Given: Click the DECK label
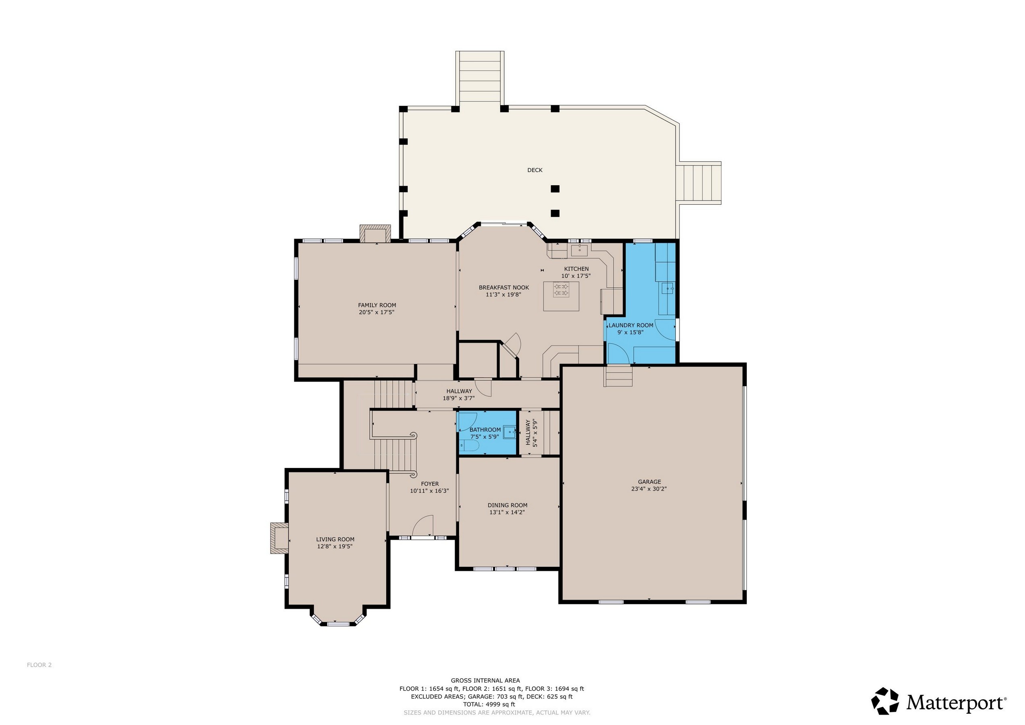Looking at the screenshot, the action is pos(534,170).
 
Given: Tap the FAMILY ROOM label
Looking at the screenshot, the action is pos(377,305).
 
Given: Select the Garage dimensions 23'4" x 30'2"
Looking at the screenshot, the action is pos(649,489).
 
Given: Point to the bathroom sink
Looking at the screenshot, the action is pos(509,432).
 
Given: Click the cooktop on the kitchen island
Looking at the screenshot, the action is pos(560,290).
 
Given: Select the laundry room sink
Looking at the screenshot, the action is pos(668,288).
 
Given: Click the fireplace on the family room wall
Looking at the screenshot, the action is pos(375,234).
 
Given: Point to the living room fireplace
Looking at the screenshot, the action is pos(279,539).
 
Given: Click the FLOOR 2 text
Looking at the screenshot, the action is pos(39,665).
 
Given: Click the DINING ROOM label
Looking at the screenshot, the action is pos(507,505).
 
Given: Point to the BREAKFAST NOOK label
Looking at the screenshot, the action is pos(503,288).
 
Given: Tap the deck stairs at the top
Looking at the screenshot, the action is pos(480,79).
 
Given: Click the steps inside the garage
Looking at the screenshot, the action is pos(618,376).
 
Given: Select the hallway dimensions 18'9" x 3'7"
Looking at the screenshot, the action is pos(458,398).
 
